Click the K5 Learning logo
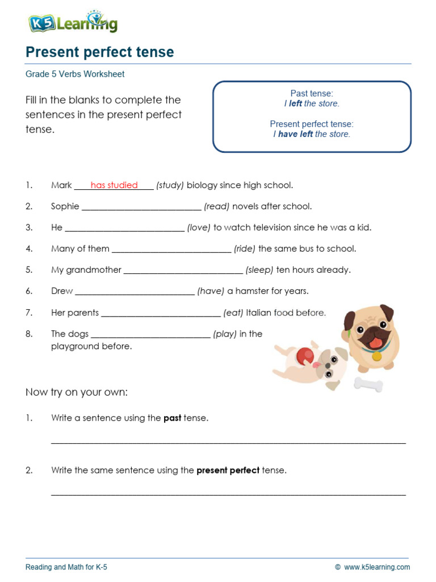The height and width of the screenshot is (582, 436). pyautogui.click(x=73, y=23)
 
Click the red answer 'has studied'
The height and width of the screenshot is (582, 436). pyautogui.click(x=114, y=185)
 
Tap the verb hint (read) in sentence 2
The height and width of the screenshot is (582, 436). pyautogui.click(x=217, y=206)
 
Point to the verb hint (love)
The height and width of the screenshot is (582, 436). pyautogui.click(x=199, y=227)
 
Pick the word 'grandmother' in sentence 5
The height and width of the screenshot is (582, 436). pyautogui.click(x=94, y=270)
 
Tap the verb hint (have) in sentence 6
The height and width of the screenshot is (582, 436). pyautogui.click(x=211, y=291)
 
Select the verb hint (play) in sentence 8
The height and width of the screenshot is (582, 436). pyautogui.click(x=225, y=334)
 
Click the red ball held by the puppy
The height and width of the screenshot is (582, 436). pyautogui.click(x=304, y=355)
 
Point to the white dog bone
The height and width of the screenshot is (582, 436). pyautogui.click(x=368, y=385)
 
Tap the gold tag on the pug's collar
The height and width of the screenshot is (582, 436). pyautogui.click(x=377, y=356)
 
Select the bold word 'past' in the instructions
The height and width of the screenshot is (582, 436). pyautogui.click(x=173, y=418)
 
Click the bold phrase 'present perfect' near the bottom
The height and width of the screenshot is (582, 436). pyautogui.click(x=228, y=471)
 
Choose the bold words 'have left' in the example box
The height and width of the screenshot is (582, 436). pyautogui.click(x=295, y=134)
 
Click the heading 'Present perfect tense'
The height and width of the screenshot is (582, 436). pyautogui.click(x=100, y=52)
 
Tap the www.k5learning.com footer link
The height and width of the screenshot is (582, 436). pyautogui.click(x=376, y=567)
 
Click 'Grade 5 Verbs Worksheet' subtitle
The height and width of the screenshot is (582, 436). pyautogui.click(x=75, y=74)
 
